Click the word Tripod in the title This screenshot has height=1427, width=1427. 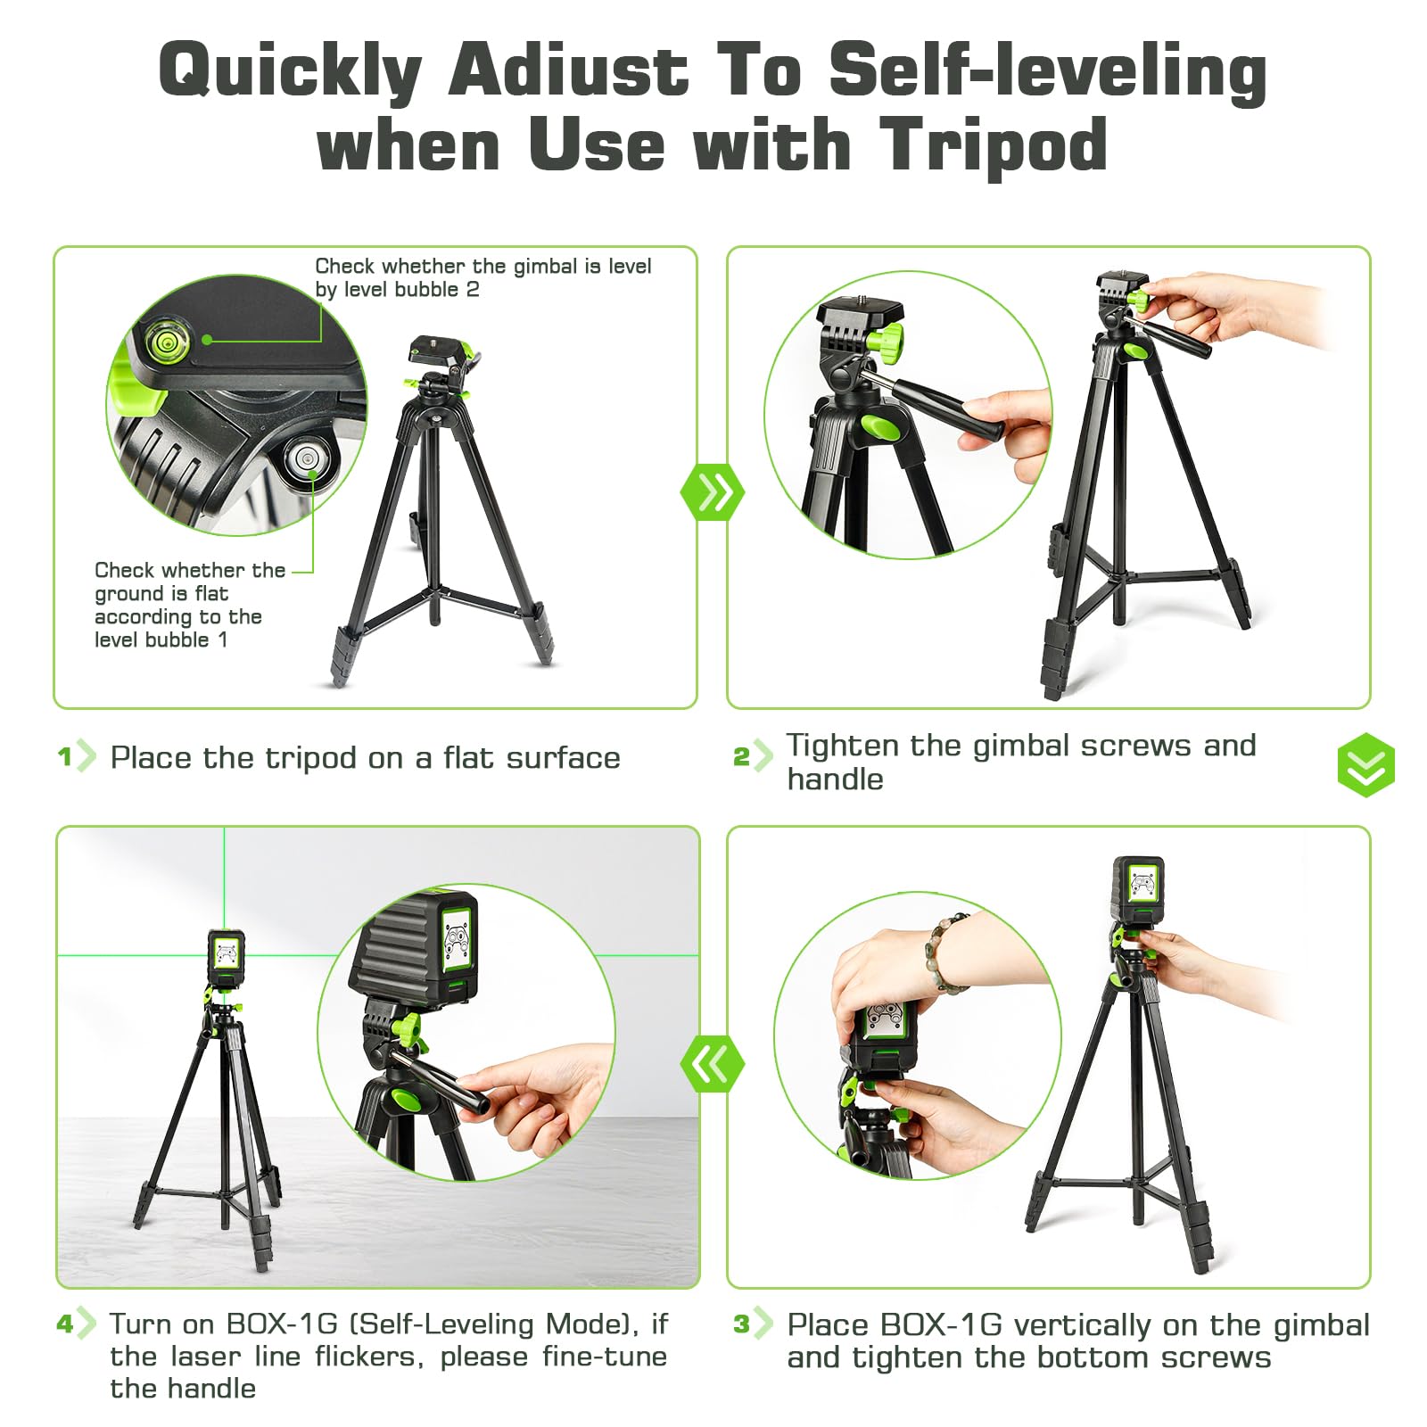click(x=993, y=145)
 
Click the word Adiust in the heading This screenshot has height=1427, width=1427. click(x=568, y=70)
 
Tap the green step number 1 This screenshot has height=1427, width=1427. click(x=64, y=757)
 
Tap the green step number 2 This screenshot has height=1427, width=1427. click(x=741, y=757)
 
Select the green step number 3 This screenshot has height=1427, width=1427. click(x=741, y=1324)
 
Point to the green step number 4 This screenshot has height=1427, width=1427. click(x=64, y=1324)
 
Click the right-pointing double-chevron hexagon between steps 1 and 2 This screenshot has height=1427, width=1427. click(x=712, y=491)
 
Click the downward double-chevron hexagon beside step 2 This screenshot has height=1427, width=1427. click(x=1365, y=765)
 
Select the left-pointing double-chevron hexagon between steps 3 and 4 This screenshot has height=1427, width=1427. click(x=712, y=1063)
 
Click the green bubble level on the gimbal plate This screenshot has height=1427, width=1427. click(x=165, y=342)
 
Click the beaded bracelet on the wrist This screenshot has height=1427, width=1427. click(x=947, y=953)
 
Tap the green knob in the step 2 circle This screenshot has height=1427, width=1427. click(x=885, y=339)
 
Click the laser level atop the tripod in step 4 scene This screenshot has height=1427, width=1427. click(x=227, y=958)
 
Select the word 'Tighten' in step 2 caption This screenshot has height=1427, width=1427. click(x=842, y=746)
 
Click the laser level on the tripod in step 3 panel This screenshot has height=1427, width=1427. click(x=1138, y=892)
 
